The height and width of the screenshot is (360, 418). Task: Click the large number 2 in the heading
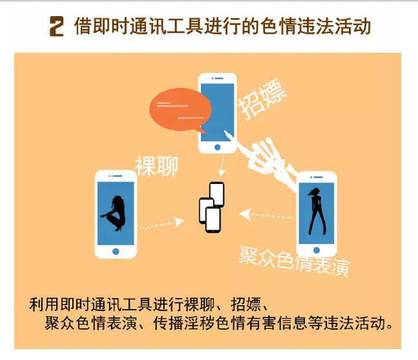[x=57, y=26]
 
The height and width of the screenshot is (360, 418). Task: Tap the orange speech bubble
[x=180, y=110]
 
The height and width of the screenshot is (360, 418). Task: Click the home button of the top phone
[x=217, y=147]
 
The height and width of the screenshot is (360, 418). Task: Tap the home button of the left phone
[x=115, y=252]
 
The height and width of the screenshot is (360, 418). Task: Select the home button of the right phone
[x=317, y=250]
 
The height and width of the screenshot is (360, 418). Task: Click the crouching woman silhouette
[x=114, y=213]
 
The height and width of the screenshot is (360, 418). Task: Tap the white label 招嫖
[x=262, y=99]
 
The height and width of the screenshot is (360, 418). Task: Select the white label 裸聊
[x=157, y=166]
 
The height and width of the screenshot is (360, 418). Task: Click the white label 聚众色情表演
[x=294, y=261]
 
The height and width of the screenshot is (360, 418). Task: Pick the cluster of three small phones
[x=212, y=207]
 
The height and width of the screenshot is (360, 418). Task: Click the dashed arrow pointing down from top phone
[x=222, y=165]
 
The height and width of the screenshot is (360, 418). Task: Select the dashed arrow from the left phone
[x=161, y=224]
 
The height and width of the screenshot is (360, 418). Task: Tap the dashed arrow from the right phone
[x=266, y=215]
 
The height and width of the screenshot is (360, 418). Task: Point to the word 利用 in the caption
[x=45, y=305]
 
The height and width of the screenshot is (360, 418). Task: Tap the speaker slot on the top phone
[x=217, y=79]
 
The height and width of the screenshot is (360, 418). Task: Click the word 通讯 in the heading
[x=148, y=26]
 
